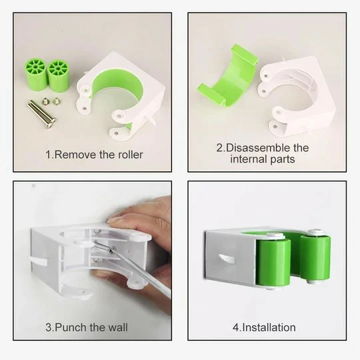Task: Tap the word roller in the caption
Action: pyautogui.click(x=131, y=155)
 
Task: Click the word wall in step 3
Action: pyautogui.click(x=118, y=327)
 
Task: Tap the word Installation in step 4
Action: pyautogui.click(x=269, y=327)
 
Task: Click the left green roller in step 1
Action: pyautogui.click(x=36, y=74)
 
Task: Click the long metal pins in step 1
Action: pyautogui.click(x=42, y=113)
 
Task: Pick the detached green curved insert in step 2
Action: pyautogui.click(x=228, y=77)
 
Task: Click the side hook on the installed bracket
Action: pyautogui.click(x=227, y=258)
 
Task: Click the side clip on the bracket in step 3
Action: pyautogui.click(x=39, y=261)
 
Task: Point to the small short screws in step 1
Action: pyautogui.click(x=51, y=101)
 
